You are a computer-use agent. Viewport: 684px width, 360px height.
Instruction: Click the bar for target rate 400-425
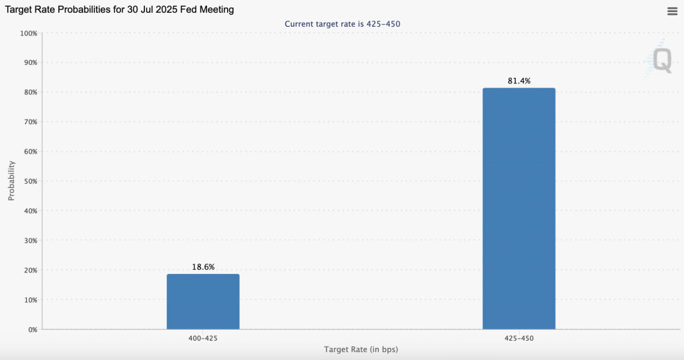(x=203, y=301)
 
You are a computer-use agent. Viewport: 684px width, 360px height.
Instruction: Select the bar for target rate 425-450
(x=519, y=208)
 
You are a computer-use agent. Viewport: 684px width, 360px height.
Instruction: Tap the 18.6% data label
(x=203, y=266)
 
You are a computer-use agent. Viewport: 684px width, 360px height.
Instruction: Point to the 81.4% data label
(x=519, y=81)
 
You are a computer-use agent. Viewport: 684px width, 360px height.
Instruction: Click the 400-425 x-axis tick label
(x=203, y=339)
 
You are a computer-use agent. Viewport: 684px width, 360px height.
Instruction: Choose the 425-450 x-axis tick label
(x=519, y=339)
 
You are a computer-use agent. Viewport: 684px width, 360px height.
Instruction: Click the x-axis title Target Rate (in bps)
(x=361, y=349)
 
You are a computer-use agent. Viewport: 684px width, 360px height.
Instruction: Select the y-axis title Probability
(x=11, y=180)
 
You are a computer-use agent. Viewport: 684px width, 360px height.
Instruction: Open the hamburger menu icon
(x=672, y=11)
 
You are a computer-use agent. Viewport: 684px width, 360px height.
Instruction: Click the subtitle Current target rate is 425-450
(x=342, y=24)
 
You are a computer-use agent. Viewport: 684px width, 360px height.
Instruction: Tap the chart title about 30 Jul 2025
(x=120, y=10)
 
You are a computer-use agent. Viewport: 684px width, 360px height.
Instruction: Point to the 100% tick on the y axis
(x=28, y=33)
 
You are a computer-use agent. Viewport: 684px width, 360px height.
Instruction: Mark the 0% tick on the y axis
(x=32, y=329)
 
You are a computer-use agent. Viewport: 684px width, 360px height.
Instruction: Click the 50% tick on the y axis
(x=29, y=181)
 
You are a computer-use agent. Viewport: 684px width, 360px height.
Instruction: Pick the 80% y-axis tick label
(x=29, y=92)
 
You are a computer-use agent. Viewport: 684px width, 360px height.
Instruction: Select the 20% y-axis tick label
(x=29, y=270)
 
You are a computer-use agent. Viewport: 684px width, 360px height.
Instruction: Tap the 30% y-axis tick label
(x=29, y=240)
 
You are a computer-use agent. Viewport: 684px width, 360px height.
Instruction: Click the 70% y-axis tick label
(x=29, y=122)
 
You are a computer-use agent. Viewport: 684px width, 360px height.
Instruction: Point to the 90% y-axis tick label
(x=29, y=62)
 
